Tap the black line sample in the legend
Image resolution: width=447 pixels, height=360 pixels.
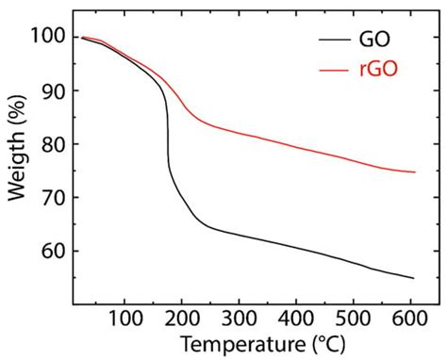coord(337,41)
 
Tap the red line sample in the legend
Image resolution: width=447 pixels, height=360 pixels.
coord(337,71)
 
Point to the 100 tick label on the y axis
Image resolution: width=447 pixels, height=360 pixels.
coord(48,36)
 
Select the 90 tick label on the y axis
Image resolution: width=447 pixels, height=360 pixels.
coord(53,90)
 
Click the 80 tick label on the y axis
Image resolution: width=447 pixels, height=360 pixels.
coord(53,144)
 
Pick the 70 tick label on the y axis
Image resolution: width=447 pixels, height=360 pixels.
coord(53,198)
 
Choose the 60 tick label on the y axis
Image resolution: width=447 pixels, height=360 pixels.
coord(53,252)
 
